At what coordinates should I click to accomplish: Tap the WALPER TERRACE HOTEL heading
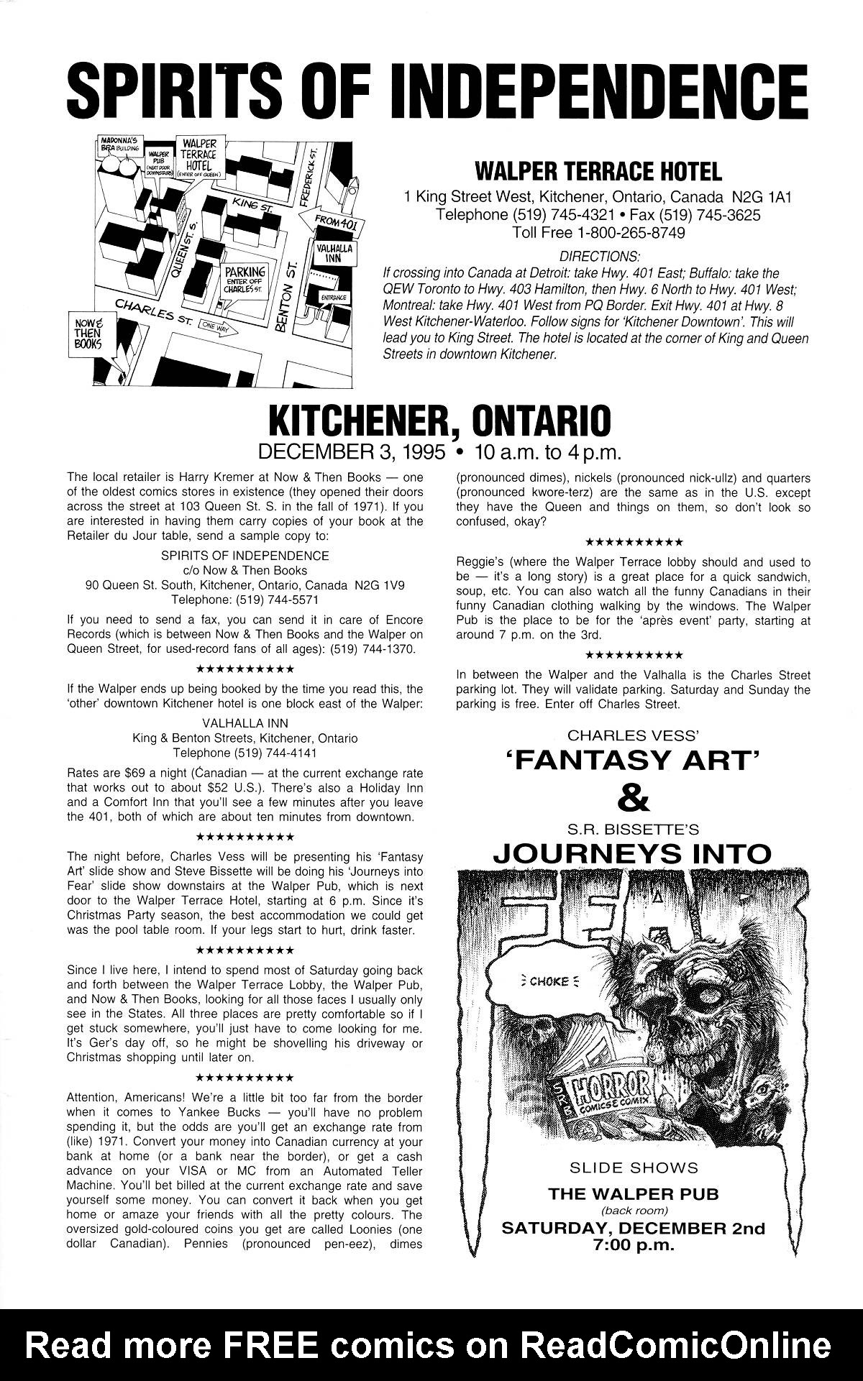click(598, 172)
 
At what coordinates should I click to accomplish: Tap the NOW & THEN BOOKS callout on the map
click(88, 333)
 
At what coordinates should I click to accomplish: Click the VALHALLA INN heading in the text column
click(245, 723)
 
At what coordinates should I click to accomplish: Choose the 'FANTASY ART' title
click(634, 760)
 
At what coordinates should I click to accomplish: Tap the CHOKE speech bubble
click(549, 981)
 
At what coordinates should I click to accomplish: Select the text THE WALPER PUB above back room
click(633, 1194)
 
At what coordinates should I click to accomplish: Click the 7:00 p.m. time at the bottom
click(633, 1244)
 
